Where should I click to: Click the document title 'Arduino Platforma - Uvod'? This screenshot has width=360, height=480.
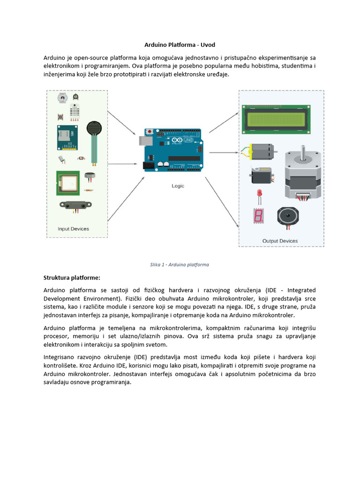(x=180, y=45)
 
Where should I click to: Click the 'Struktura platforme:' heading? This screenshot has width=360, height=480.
(x=72, y=277)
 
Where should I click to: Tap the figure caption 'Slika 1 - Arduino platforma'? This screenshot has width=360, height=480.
(x=180, y=264)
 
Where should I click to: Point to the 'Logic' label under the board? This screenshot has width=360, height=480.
(x=178, y=186)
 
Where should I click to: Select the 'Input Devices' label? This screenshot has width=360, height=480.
(x=73, y=229)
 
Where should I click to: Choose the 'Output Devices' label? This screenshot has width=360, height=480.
(x=280, y=241)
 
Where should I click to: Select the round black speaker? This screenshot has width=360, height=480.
(x=289, y=217)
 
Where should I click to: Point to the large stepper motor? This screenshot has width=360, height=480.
(x=303, y=174)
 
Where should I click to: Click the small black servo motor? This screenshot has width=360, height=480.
(x=259, y=175)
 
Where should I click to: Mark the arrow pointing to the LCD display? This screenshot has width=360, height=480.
(x=223, y=122)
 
